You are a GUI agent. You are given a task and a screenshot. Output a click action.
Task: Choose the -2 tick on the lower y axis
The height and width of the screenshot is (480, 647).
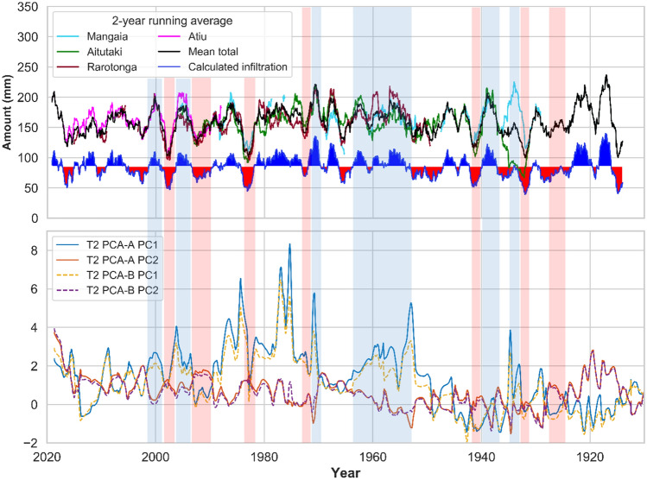click(x=33, y=443)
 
